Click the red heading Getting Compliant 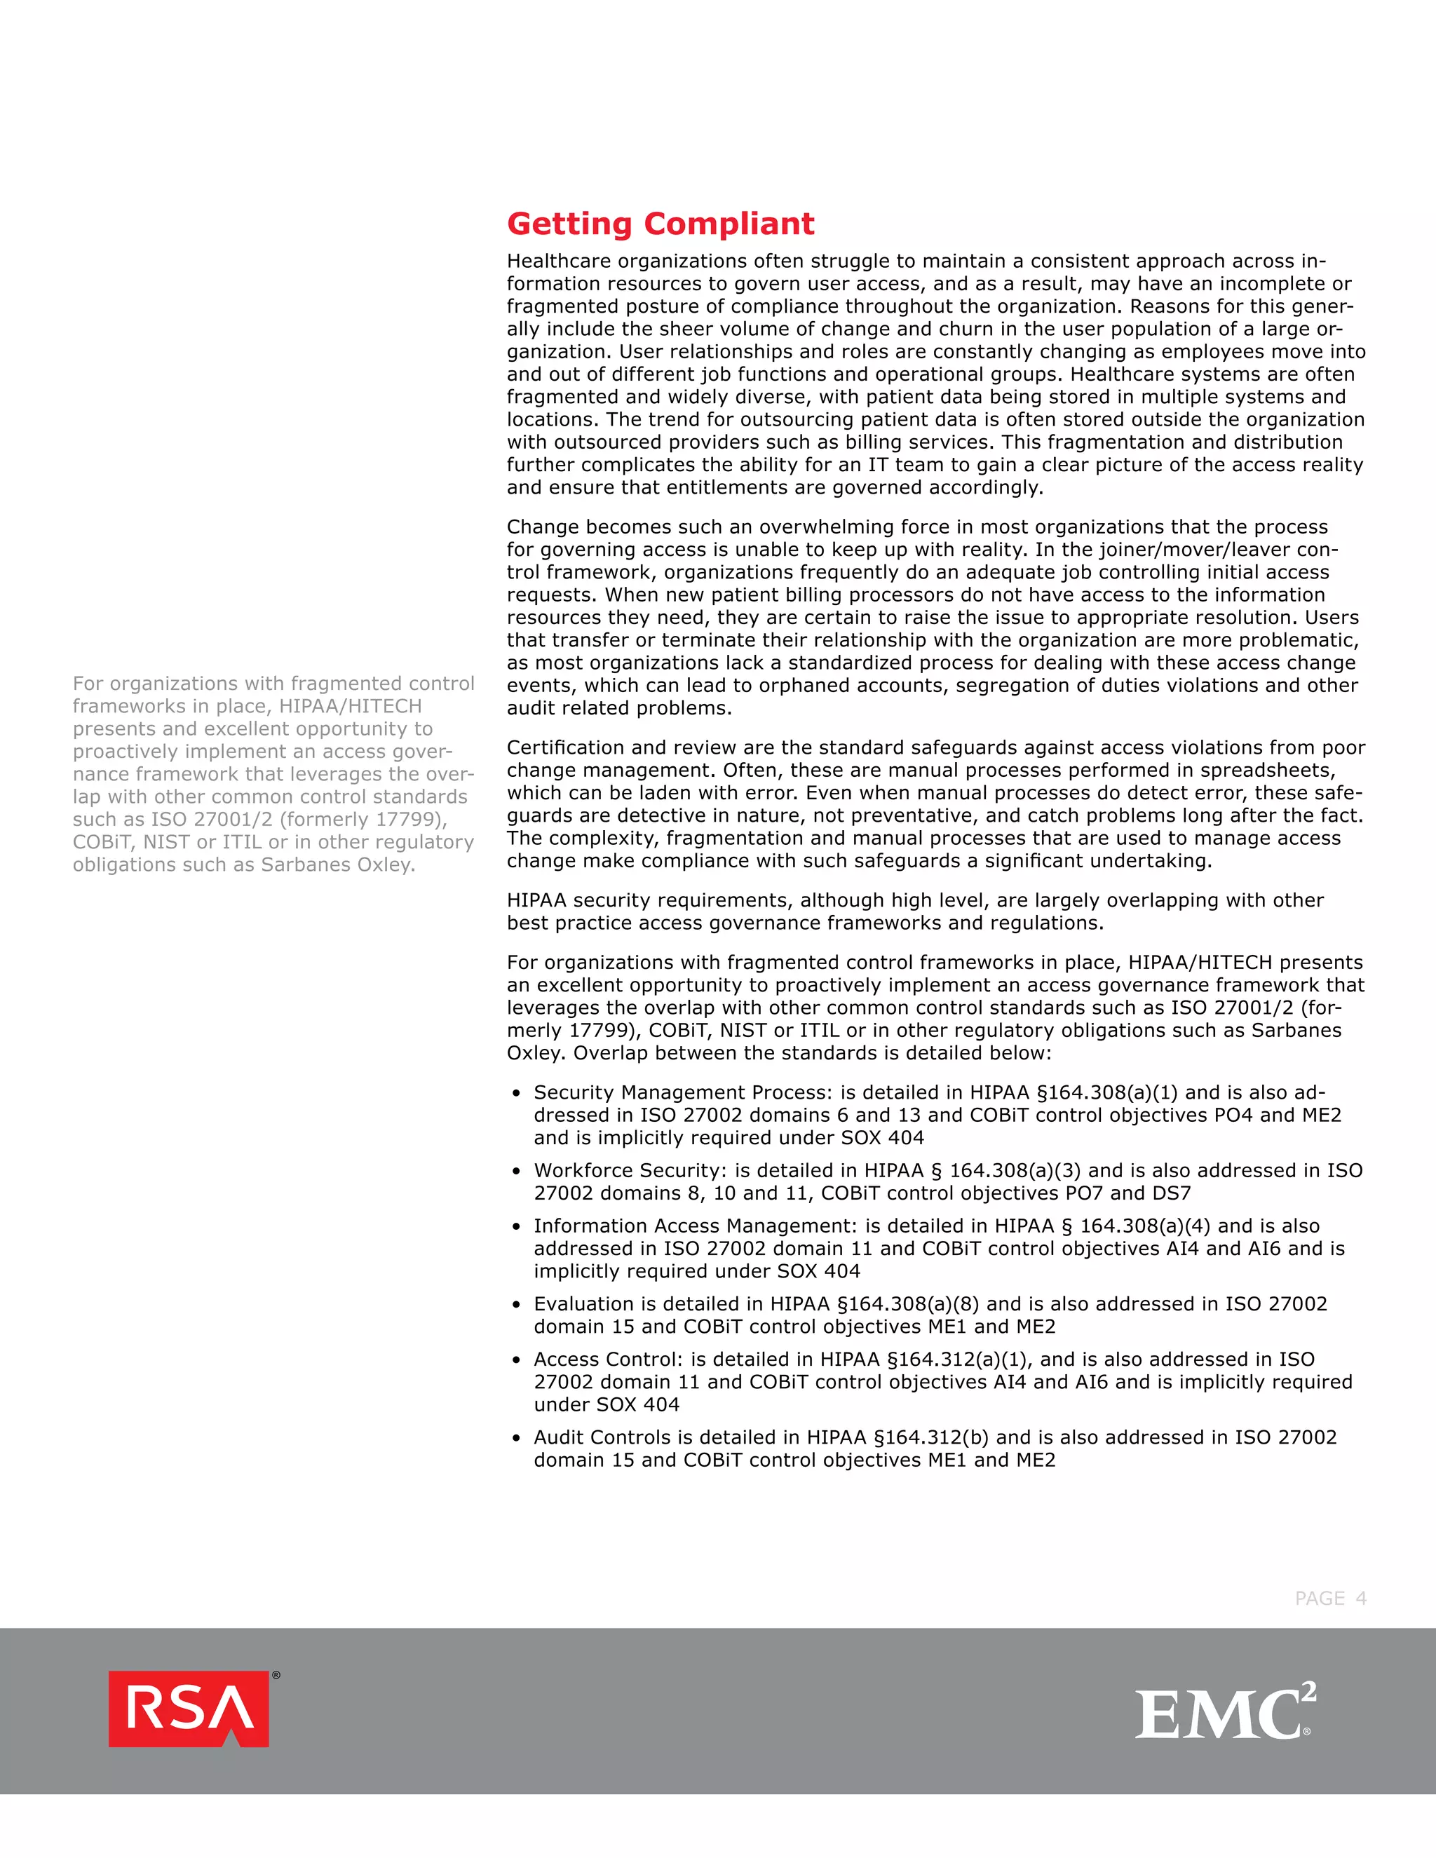click(660, 224)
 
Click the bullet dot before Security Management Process click(516, 1094)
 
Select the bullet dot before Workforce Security click(516, 1172)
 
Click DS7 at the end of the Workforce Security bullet click(1172, 1193)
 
